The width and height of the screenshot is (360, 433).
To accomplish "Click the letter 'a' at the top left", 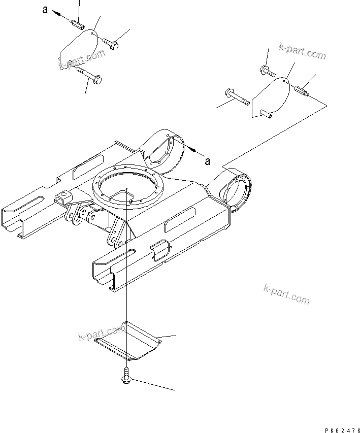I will coord(45,11).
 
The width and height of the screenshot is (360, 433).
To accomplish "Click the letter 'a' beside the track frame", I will coord(207,161).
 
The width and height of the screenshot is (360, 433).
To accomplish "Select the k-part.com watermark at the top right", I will coord(302,52).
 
